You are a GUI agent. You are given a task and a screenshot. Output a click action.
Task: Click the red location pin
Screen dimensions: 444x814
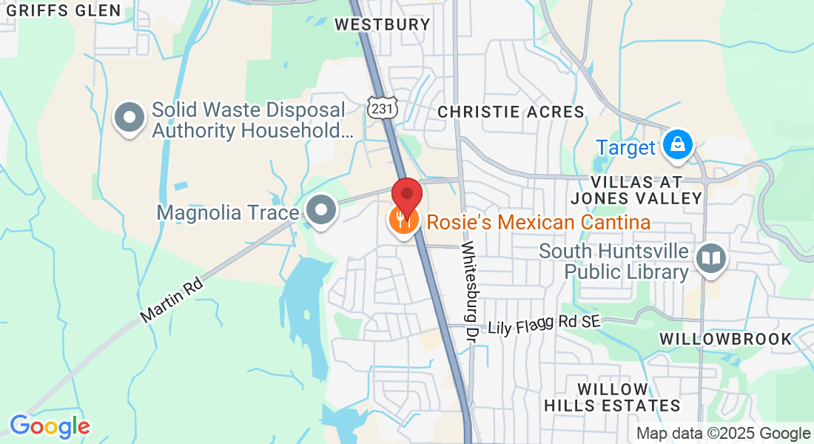(407, 194)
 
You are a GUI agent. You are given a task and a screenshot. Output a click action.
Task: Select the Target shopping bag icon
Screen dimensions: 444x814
(677, 144)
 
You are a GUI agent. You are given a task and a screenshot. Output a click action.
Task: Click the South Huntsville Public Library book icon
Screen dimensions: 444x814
(711, 258)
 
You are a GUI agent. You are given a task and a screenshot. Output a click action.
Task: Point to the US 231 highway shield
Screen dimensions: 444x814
(383, 108)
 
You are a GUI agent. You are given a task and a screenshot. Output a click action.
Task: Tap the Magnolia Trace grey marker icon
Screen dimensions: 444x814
(322, 211)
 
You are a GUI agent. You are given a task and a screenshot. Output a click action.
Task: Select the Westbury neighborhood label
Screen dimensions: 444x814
(382, 24)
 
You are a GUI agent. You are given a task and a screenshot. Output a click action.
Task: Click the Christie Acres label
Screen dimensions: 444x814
(511, 112)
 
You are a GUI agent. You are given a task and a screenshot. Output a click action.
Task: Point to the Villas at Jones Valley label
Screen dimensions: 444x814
(636, 190)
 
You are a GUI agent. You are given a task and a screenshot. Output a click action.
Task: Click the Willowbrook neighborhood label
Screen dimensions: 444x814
(725, 339)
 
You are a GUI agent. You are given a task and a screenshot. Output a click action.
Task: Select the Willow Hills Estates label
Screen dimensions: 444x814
(612, 397)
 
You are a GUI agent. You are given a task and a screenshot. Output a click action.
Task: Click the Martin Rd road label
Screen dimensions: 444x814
(172, 300)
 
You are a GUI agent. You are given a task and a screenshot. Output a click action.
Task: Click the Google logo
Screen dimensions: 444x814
(50, 426)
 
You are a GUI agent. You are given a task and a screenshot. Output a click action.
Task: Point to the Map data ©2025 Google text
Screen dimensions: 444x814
(723, 434)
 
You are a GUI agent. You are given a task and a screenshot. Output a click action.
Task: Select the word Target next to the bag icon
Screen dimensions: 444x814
(626, 147)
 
